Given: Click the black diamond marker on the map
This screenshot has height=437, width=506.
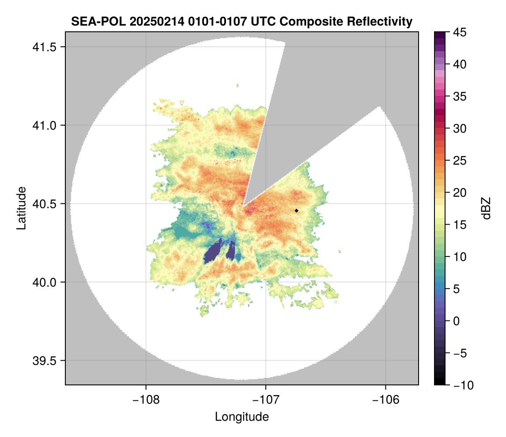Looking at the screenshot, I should click(297, 211).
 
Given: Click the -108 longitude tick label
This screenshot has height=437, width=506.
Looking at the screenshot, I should click(146, 400).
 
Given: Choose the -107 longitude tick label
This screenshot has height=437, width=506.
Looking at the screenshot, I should click(266, 400).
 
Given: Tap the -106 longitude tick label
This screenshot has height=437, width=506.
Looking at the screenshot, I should click(386, 400).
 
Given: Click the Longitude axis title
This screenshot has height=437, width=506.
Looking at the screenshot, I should click(242, 417).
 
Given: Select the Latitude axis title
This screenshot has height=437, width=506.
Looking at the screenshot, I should click(21, 208).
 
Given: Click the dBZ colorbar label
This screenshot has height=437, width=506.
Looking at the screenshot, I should click(486, 208).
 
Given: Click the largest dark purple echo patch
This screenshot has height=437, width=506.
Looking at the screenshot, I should click(214, 252).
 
